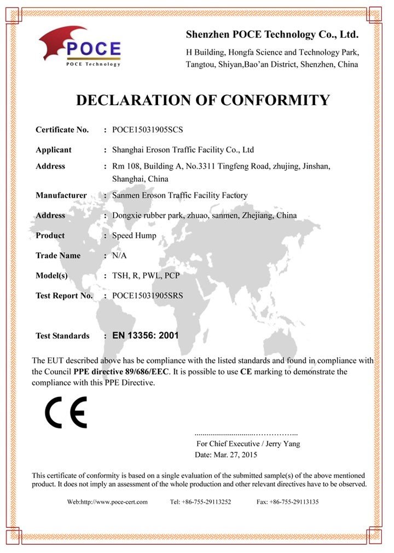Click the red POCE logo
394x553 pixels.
point(79,47)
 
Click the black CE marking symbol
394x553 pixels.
point(66,412)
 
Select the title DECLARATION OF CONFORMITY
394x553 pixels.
point(202,100)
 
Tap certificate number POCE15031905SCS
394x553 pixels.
point(147,130)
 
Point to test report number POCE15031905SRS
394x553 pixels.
point(147,296)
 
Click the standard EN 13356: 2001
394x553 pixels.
point(145,336)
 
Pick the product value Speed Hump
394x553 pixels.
point(134,235)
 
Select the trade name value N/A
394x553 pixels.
point(119,256)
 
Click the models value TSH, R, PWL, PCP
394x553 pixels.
point(146,275)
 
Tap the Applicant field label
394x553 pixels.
point(54,149)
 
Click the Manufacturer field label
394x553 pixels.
point(61,195)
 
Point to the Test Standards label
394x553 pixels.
point(62,336)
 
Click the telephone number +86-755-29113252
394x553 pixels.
point(207,502)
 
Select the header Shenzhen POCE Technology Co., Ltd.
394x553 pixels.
point(272,35)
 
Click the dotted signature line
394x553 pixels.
point(246,433)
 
